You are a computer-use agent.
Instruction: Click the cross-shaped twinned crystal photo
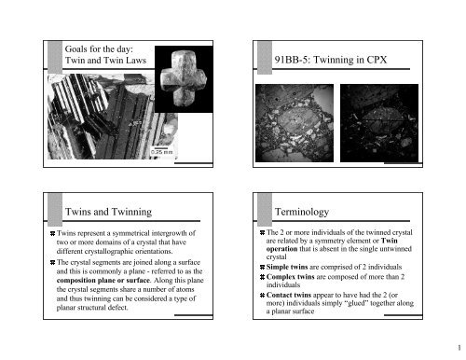pyautogui.click(x=184, y=79)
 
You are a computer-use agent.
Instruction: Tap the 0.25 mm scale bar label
pyautogui.click(x=161, y=152)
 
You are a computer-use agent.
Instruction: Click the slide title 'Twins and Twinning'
pyautogui.click(x=108, y=212)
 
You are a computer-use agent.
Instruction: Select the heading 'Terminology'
pyautogui.click(x=302, y=212)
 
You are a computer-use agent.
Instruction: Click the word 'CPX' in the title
pyautogui.click(x=377, y=60)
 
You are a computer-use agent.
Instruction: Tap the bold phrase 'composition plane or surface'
pyautogui.click(x=103, y=280)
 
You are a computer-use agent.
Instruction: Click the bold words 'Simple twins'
pyautogui.click(x=287, y=267)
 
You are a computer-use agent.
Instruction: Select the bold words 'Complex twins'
pyautogui.click(x=290, y=276)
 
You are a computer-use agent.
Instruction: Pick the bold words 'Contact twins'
pyautogui.click(x=289, y=295)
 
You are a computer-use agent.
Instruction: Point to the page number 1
pyautogui.click(x=459, y=348)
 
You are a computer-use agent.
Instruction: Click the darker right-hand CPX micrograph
pyautogui.click(x=379, y=123)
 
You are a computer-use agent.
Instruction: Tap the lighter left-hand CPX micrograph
pyautogui.click(x=295, y=123)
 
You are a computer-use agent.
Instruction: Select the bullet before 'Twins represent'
pyautogui.click(x=52, y=233)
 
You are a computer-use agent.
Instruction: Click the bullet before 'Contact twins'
pyautogui.click(x=262, y=295)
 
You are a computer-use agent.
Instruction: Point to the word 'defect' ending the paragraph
pyautogui.click(x=118, y=308)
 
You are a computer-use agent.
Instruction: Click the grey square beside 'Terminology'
pyautogui.click(x=265, y=210)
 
